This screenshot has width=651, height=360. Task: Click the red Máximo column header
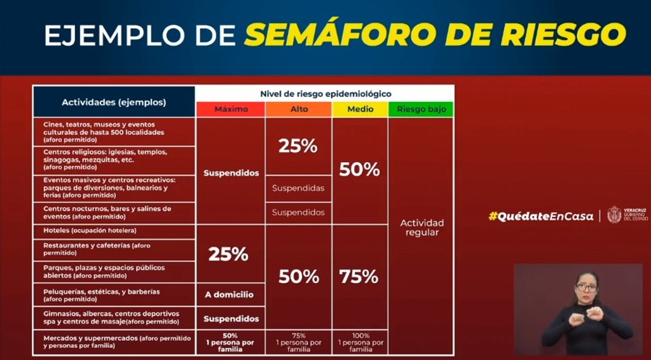click(231, 109)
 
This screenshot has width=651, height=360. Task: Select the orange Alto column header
click(299, 109)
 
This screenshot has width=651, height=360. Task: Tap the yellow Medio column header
click(360, 109)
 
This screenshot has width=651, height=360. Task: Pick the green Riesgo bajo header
click(421, 109)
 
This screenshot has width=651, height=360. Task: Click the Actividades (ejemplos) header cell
click(114, 102)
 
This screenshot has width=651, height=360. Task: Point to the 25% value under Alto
click(298, 146)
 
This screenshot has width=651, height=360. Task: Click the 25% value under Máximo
click(228, 254)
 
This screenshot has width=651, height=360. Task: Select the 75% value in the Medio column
click(359, 277)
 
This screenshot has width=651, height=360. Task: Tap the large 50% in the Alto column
click(299, 277)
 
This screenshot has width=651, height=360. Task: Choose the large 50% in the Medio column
click(360, 169)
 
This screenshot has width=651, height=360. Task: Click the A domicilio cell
click(229, 295)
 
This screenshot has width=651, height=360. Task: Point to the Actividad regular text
click(421, 228)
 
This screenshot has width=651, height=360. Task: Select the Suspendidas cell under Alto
click(298, 188)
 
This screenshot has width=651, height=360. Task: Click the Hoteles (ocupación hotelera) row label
click(90, 230)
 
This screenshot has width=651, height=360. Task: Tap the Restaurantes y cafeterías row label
click(97, 249)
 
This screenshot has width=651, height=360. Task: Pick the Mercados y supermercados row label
click(117, 342)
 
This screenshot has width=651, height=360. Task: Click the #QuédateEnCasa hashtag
click(541, 216)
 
